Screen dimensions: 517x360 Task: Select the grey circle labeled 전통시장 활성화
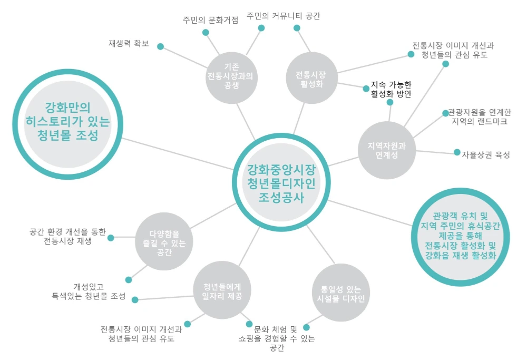tap(311, 79)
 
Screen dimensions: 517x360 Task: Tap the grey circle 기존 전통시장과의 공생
tap(231, 76)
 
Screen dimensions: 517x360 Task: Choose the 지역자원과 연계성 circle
tap(386, 149)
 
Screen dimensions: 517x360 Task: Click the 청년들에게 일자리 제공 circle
tap(222, 291)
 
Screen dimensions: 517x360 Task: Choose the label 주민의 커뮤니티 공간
tap(284, 16)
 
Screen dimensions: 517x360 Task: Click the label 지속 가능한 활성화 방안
tap(391, 89)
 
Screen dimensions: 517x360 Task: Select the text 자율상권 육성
tap(485, 154)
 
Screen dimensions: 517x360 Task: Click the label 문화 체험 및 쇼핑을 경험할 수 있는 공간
tap(276, 338)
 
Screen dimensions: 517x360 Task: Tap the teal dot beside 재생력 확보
tap(161, 46)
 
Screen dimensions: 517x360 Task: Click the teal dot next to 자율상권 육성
tap(457, 152)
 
